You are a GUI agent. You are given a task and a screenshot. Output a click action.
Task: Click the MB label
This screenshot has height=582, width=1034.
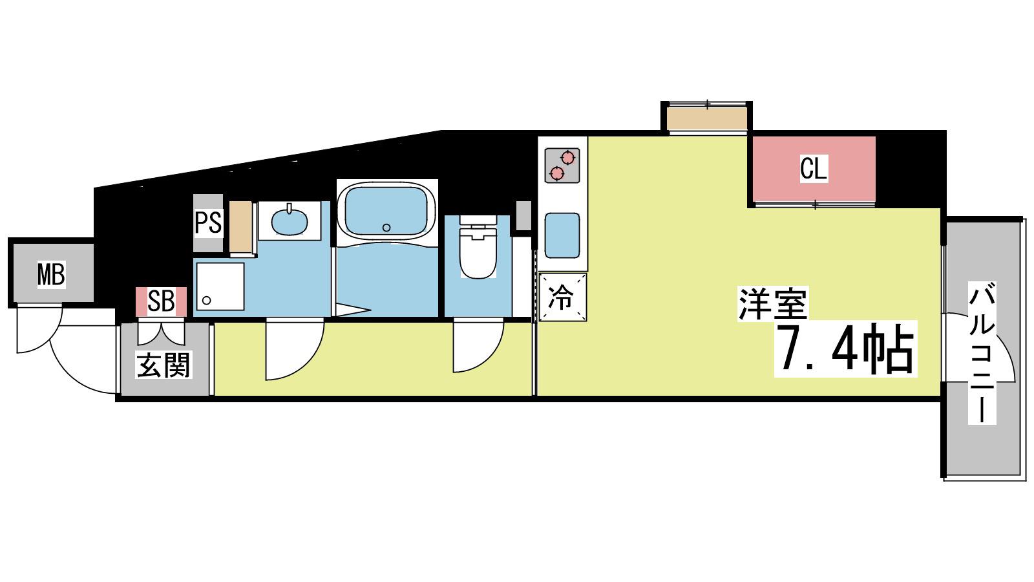(51, 274)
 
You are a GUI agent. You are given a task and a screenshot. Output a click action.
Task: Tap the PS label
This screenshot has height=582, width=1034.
(208, 222)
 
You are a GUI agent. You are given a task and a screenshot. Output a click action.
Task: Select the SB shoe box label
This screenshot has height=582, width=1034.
(161, 301)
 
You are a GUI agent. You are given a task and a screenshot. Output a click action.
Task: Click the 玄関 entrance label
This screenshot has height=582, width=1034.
(164, 365)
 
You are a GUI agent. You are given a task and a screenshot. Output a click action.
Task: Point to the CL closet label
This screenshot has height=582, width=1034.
(814, 169)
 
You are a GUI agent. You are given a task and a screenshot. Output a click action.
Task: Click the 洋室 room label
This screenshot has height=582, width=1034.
(773, 303)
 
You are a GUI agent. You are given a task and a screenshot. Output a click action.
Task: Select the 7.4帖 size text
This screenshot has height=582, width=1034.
(845, 349)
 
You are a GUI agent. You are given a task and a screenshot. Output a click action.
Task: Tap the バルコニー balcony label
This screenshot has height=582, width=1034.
(982, 353)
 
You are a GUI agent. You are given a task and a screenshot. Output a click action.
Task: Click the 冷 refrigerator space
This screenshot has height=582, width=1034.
(562, 297)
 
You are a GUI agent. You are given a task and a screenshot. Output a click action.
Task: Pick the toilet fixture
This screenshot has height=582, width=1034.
(478, 246)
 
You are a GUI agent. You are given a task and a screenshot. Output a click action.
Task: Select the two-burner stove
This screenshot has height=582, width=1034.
(562, 166)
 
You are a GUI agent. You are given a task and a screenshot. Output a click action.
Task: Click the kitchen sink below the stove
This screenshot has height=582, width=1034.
(562, 235)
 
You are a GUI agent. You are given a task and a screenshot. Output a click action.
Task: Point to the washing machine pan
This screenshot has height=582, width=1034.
(220, 286)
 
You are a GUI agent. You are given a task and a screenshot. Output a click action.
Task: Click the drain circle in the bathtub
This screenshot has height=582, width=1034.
(386, 227)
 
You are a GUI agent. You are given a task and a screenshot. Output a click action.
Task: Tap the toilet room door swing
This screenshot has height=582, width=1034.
(478, 345)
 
